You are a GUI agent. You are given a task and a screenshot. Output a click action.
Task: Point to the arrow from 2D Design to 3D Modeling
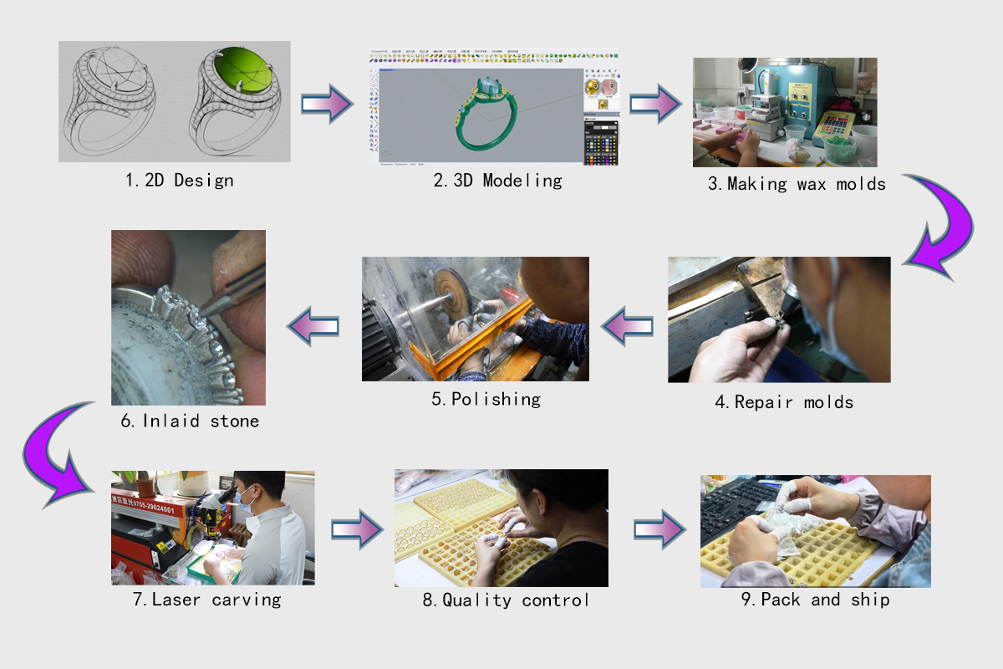[x=327, y=103]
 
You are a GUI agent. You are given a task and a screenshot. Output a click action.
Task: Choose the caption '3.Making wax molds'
[x=797, y=184]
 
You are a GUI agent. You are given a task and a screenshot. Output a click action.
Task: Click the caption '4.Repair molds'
[x=783, y=402]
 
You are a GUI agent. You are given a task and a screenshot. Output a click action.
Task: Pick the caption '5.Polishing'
[x=486, y=399]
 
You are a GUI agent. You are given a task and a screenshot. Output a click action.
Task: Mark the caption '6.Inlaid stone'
[x=190, y=421]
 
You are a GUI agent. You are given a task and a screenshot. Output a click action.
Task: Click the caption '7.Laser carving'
[x=216, y=600]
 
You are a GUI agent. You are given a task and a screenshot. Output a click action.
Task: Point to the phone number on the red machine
[x=144, y=508]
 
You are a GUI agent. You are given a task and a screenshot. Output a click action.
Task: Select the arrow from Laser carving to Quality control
[x=357, y=529]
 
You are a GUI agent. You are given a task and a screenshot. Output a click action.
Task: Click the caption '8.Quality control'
[x=504, y=600]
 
